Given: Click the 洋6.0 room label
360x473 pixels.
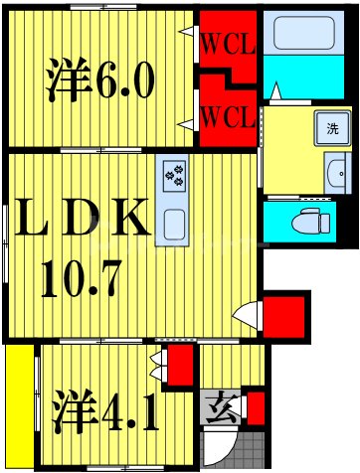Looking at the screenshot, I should [x=99, y=79].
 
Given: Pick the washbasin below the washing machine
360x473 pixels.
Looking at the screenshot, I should [x=335, y=173].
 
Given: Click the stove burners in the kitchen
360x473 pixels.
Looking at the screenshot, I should [x=175, y=177].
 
